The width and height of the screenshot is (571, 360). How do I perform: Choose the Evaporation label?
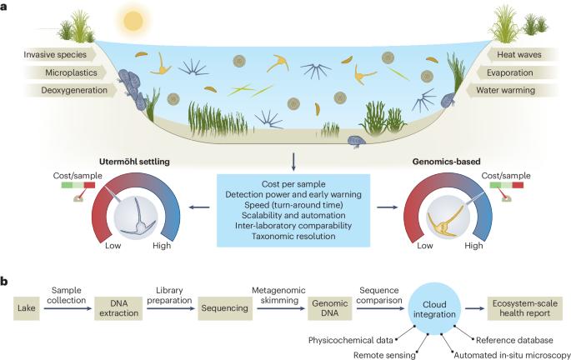click(x=521, y=72)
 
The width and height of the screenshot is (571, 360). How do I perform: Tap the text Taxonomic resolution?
click(x=286, y=237)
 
